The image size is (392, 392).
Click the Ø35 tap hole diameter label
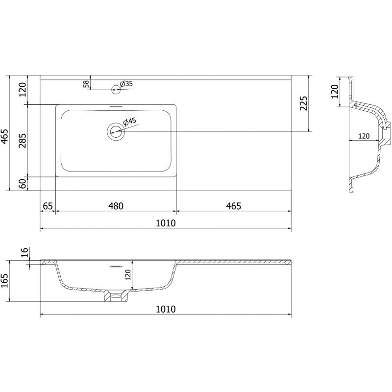point(127,84)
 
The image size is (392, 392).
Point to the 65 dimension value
point(48,206)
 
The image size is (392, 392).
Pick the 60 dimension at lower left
point(22,184)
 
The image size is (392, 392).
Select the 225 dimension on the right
point(303,104)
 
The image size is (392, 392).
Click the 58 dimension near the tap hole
point(87,84)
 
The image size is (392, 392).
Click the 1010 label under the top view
point(166,223)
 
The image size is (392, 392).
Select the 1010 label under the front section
point(166,309)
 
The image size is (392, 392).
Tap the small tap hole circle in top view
point(116,89)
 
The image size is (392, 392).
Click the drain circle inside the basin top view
point(116,131)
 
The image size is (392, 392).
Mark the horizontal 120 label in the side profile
point(363,136)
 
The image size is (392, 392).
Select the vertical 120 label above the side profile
point(335,92)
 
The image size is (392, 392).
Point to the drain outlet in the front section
point(116,296)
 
